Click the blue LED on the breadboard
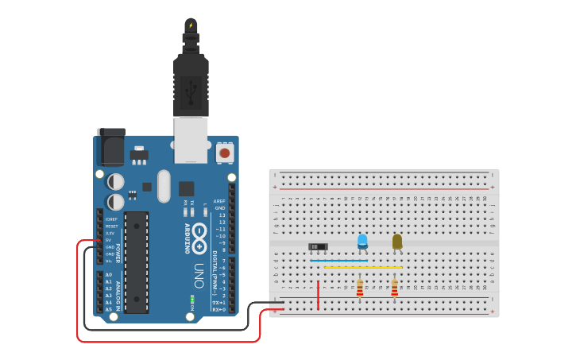click(x=362, y=241)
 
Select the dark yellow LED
click(x=397, y=241)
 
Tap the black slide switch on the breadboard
click(x=318, y=247)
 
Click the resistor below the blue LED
click(x=360, y=288)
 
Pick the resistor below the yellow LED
click(x=394, y=288)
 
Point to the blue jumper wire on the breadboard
click(x=339, y=260)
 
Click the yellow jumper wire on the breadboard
click(x=362, y=267)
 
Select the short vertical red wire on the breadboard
click(x=318, y=294)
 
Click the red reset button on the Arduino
click(x=225, y=152)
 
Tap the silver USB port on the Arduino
click(x=191, y=140)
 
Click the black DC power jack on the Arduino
click(x=110, y=148)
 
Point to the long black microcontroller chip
click(x=136, y=262)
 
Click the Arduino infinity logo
click(x=199, y=235)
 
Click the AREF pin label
click(x=220, y=201)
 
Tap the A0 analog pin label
click(x=109, y=275)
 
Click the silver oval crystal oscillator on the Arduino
click(x=164, y=186)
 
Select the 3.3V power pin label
click(x=110, y=233)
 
